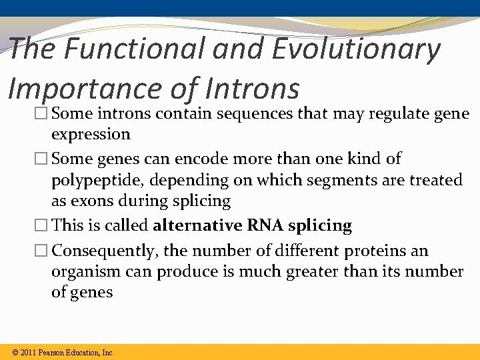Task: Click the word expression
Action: coord(91,134)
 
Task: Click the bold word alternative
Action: coord(197,225)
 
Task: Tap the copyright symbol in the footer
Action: coord(15,352)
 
